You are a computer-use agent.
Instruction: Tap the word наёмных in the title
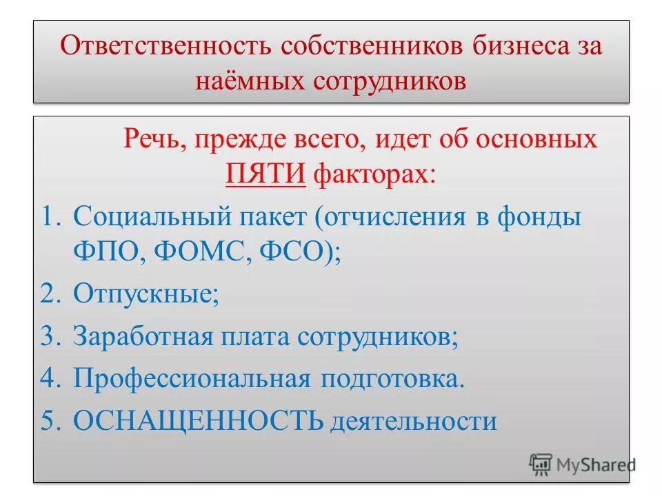[250, 80]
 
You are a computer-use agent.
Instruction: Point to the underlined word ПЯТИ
[265, 173]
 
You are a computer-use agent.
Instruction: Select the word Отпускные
[145, 296]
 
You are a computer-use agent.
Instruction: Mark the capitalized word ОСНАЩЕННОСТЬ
[198, 419]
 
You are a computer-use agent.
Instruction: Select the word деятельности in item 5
[413, 420]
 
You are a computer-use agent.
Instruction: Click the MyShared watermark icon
[541, 464]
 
